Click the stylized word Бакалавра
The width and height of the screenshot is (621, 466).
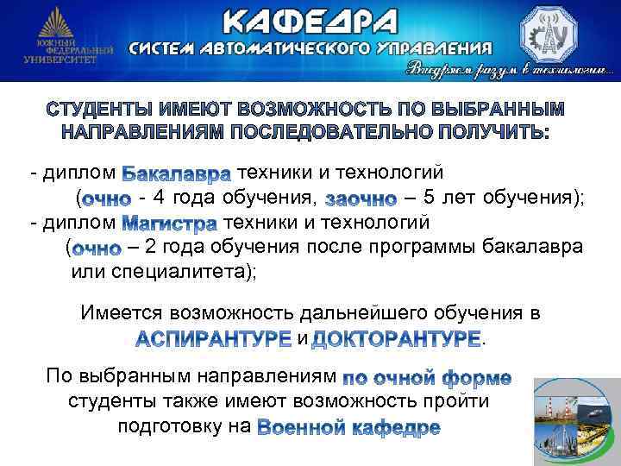[177, 174]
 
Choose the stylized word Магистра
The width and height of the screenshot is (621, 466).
[169, 224]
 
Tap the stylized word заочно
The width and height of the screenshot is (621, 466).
[361, 199]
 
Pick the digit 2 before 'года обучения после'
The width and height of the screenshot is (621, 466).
[151, 249]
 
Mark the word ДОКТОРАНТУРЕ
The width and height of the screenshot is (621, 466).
[395, 337]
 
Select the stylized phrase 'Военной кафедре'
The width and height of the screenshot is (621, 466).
[349, 427]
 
